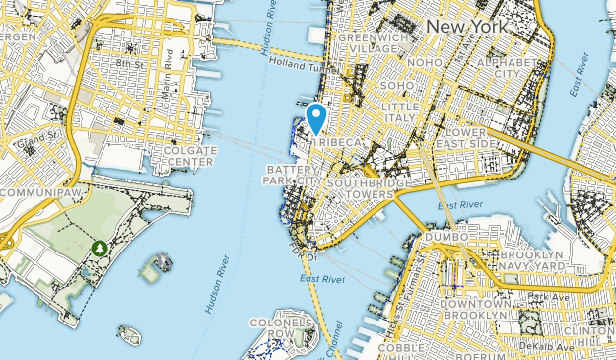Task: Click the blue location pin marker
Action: point(316,117)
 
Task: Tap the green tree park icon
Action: point(100,247)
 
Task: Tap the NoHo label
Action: point(425,63)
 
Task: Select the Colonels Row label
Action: point(281,327)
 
